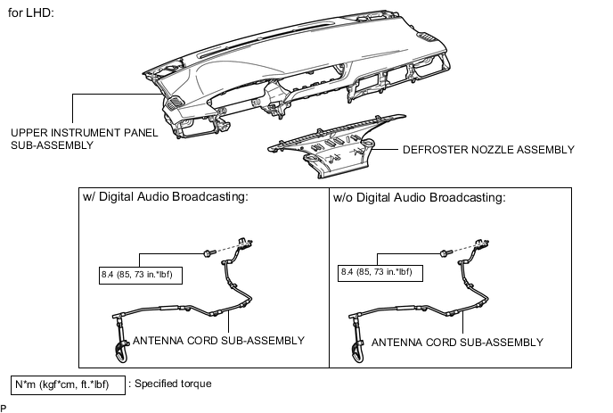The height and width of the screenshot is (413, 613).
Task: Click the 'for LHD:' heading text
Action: [30, 12]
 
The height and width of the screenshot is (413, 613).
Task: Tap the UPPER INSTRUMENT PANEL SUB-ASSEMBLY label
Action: [84, 138]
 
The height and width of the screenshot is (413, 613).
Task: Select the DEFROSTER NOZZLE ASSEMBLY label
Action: [488, 150]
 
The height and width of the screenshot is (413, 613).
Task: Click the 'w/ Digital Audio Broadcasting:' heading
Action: [166, 196]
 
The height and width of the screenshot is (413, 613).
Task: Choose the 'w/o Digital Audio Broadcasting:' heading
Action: [419, 197]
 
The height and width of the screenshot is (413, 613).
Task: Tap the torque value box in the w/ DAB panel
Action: [141, 275]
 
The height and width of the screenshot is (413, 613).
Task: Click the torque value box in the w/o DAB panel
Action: [380, 272]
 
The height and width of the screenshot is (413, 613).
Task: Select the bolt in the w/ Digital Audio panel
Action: [208, 253]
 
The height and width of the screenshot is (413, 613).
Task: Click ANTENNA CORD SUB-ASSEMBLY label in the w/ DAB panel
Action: [218, 341]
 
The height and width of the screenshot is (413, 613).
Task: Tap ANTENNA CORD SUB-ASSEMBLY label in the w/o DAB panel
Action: [457, 343]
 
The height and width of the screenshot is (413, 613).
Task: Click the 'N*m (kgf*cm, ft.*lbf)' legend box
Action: [68, 385]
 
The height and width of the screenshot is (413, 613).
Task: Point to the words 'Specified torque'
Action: [173, 384]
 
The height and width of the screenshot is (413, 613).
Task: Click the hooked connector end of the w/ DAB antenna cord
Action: [121, 351]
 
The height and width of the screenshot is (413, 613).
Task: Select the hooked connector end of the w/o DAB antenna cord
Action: [358, 351]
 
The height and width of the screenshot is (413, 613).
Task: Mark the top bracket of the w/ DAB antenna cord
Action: [245, 244]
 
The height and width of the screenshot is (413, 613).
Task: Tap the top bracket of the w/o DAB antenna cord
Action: [482, 244]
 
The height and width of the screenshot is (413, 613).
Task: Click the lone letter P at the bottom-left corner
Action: [4, 409]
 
